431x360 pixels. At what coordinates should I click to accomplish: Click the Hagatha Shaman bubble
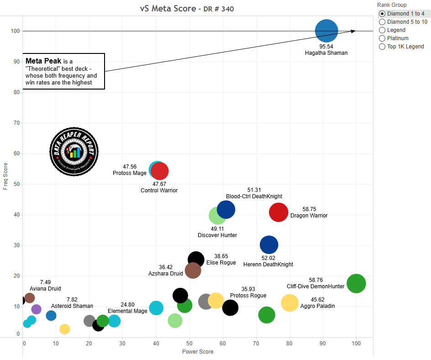(x=326, y=31)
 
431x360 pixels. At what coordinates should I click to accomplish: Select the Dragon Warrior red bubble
(x=279, y=212)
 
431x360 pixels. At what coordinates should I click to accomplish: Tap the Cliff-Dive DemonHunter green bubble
(x=356, y=284)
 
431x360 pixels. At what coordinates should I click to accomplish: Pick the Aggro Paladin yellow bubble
(x=289, y=303)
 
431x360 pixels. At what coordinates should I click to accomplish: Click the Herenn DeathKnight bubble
(x=269, y=245)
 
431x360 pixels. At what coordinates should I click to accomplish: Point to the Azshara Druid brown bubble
(x=193, y=270)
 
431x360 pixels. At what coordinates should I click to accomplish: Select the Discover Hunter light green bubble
(x=217, y=216)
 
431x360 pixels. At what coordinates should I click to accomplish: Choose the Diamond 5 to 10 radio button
(x=382, y=22)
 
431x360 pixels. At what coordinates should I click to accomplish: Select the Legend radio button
(x=382, y=30)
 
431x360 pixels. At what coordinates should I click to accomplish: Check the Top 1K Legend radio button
(x=382, y=47)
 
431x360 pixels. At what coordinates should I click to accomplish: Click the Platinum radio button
(x=382, y=38)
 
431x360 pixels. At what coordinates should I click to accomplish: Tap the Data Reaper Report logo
(x=74, y=150)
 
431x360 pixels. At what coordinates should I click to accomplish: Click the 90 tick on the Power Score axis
(x=323, y=343)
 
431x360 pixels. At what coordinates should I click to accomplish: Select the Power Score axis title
(x=198, y=352)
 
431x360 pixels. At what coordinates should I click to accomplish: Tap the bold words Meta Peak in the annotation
(x=43, y=61)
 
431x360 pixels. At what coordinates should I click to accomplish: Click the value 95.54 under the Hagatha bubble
(x=326, y=47)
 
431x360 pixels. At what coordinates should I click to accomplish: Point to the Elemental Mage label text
(x=127, y=311)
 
